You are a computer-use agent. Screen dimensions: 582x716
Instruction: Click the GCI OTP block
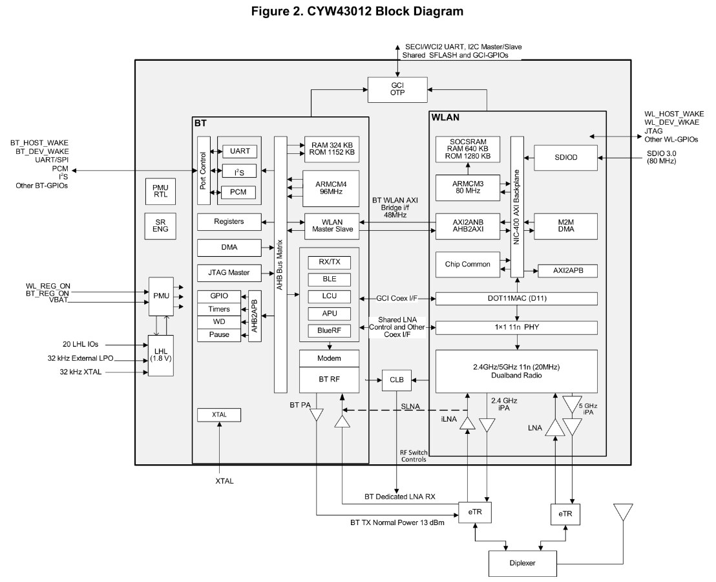tap(397, 89)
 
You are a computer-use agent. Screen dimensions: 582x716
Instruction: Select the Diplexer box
tap(522, 564)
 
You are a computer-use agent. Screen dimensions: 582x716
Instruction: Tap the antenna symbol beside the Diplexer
tap(623, 513)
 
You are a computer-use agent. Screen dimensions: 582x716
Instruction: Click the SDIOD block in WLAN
tap(565, 157)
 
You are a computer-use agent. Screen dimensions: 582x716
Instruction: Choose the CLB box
tap(397, 380)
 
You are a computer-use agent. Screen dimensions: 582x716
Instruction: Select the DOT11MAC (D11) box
tap(516, 298)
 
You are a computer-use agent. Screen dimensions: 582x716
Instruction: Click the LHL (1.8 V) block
tap(161, 355)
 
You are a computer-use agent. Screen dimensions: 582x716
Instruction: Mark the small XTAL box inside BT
tap(219, 415)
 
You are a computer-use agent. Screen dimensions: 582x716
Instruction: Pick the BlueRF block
tap(329, 330)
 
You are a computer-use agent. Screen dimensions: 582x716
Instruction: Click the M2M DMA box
tap(565, 226)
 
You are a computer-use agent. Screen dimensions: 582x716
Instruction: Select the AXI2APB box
tap(567, 271)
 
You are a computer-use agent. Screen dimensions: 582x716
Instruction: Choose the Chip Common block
tap(467, 264)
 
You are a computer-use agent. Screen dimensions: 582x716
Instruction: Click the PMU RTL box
tap(160, 191)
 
